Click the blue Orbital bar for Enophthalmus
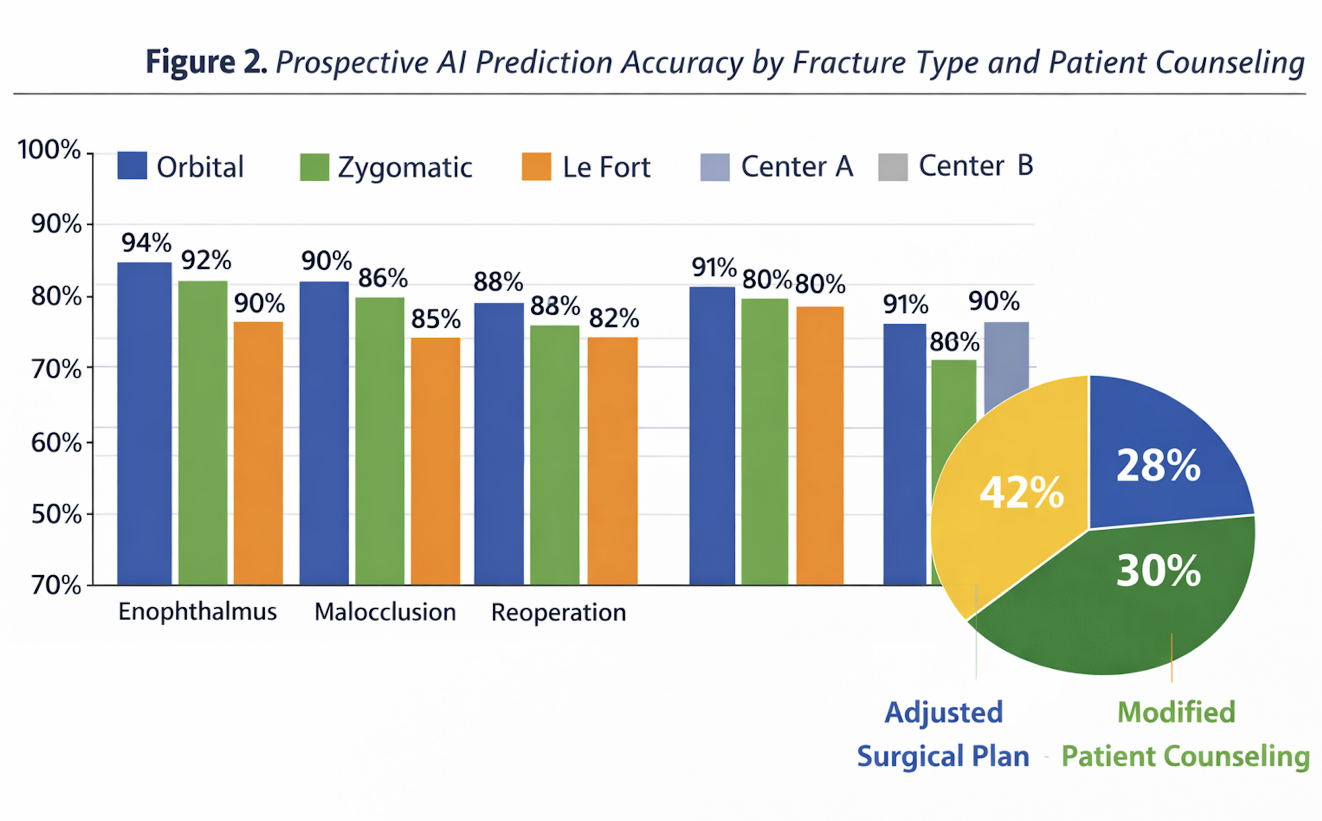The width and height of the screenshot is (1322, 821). coord(145,423)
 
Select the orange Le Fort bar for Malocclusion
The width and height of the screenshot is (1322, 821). coord(435,462)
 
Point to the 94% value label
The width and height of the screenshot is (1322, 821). coord(146,243)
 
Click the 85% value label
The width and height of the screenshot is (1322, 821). coord(435,319)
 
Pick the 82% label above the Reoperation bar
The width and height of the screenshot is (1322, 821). coord(613,318)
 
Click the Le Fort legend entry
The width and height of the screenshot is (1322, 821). coord(586,167)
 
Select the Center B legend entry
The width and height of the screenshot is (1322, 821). coord(955,166)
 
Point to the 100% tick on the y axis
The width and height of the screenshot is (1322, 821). coord(49,149)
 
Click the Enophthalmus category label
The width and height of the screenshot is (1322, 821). coord(198,612)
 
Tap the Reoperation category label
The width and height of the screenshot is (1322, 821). coord(559,612)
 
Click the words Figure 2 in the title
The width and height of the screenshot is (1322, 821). coord(207,62)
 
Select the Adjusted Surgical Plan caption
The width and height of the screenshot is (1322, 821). coord(943,734)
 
